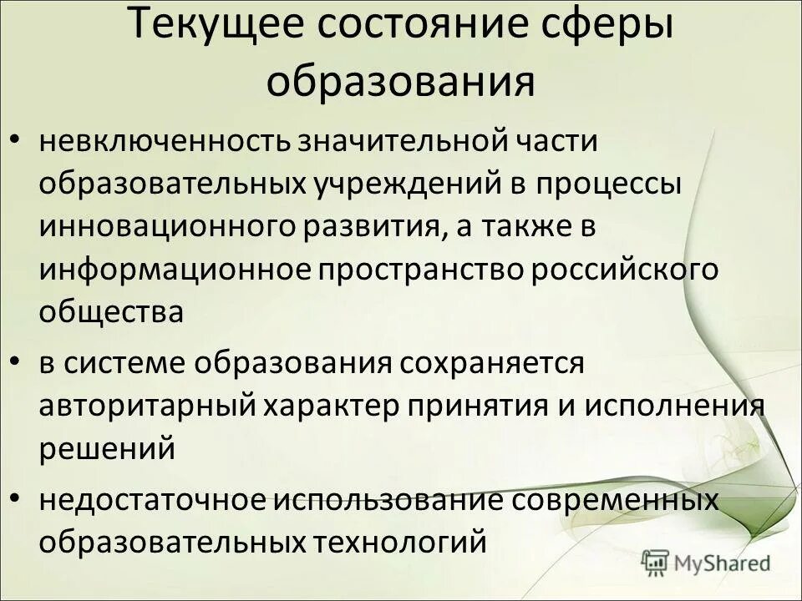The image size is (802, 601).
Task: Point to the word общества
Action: tap(110, 312)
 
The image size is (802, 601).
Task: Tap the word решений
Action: tap(107, 448)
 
